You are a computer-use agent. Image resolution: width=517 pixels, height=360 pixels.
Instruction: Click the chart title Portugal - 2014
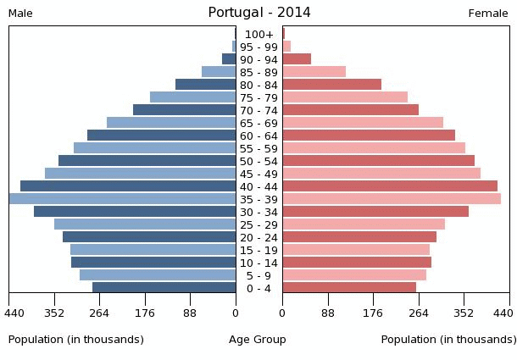pyautogui.click(x=259, y=13)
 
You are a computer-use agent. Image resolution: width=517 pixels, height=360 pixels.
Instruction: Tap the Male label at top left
pyautogui.click(x=20, y=14)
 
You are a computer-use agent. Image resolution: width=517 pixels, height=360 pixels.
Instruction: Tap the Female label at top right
pyautogui.click(x=488, y=14)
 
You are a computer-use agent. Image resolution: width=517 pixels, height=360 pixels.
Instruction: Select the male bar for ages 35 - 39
pyautogui.click(x=122, y=199)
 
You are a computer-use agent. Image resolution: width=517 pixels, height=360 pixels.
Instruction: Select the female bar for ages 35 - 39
pyautogui.click(x=392, y=199)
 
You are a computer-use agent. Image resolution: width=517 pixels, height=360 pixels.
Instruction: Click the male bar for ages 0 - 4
pyautogui.click(x=164, y=288)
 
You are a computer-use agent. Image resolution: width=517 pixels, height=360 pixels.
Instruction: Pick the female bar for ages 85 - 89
pyautogui.click(x=314, y=72)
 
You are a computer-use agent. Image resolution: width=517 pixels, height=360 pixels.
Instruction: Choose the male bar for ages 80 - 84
pyautogui.click(x=206, y=85)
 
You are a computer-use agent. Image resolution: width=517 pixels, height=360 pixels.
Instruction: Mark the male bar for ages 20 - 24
pyautogui.click(x=149, y=237)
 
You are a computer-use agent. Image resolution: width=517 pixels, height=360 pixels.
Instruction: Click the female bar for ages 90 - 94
pyautogui.click(x=297, y=59)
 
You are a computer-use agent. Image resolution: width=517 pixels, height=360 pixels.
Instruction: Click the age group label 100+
pyautogui.click(x=258, y=35)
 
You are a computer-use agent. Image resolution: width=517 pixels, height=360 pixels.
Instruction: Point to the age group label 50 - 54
pyautogui.click(x=258, y=162)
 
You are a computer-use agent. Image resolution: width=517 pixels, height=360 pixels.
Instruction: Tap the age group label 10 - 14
pyautogui.click(x=258, y=263)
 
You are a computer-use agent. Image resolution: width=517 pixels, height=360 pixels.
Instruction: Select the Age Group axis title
pyautogui.click(x=258, y=340)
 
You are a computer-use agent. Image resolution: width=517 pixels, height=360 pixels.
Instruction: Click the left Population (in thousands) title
pyautogui.click(x=76, y=340)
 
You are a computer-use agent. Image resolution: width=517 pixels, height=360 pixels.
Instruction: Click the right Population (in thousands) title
pyautogui.click(x=448, y=340)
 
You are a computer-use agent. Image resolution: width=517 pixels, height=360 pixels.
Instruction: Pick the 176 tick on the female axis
pyautogui.click(x=373, y=313)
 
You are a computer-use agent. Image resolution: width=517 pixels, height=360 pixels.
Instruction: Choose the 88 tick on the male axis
pyautogui.click(x=190, y=313)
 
